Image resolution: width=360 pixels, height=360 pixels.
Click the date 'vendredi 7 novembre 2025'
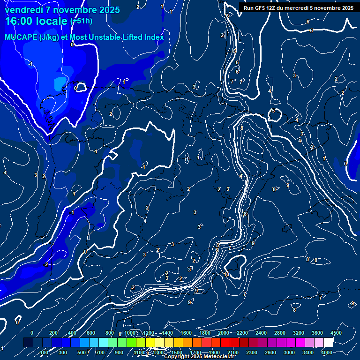tap(62, 9)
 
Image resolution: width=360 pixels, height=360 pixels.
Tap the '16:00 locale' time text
tap(37, 21)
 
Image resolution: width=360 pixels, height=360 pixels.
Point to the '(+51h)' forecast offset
tap(81, 21)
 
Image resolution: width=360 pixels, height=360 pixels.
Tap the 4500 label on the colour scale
tap(336, 333)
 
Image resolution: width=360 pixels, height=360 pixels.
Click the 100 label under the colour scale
tap(45, 352)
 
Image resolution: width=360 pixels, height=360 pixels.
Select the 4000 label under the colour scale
tap(327, 352)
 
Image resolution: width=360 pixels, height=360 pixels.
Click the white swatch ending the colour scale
tap(328, 343)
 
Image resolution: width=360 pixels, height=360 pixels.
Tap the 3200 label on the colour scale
tap(299, 333)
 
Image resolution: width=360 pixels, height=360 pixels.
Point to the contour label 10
tap(226, 274)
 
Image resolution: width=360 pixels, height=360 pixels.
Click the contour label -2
tap(45, 264)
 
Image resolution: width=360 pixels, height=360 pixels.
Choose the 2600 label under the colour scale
tap(270, 352)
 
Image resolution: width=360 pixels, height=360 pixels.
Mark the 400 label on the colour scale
tap(72, 333)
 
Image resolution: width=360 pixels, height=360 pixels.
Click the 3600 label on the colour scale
tap(317, 333)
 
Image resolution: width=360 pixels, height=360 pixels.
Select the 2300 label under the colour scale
tap(252, 352)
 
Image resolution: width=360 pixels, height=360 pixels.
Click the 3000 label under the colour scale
tap(289, 352)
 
